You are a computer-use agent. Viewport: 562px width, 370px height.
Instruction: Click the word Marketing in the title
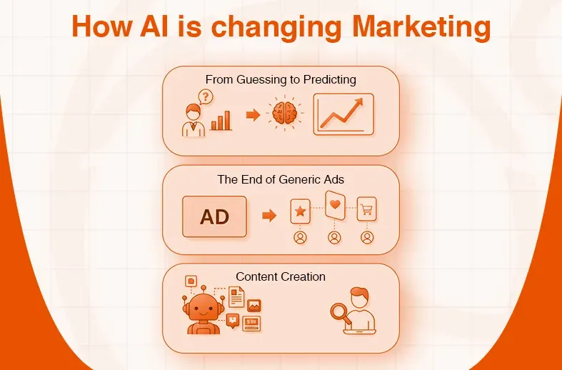(x=421, y=27)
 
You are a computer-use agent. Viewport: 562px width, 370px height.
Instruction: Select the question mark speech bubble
(x=206, y=96)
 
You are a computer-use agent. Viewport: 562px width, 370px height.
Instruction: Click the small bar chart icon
(x=221, y=120)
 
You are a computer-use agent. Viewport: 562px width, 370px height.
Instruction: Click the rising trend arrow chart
(x=343, y=114)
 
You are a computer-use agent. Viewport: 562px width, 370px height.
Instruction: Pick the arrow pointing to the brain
(x=252, y=115)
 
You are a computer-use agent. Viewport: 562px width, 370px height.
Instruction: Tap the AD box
(x=214, y=216)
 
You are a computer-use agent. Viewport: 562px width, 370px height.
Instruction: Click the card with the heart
(x=334, y=206)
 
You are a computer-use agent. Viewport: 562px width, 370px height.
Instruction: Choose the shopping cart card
(x=367, y=209)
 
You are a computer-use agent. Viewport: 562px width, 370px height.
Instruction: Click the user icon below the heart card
(x=333, y=238)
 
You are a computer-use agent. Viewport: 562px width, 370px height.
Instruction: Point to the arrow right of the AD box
(x=269, y=216)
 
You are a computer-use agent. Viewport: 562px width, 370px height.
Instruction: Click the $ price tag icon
(x=251, y=323)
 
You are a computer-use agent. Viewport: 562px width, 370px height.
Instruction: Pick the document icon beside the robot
(x=236, y=296)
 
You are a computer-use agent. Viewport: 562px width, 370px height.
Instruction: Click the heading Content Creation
(x=281, y=276)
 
